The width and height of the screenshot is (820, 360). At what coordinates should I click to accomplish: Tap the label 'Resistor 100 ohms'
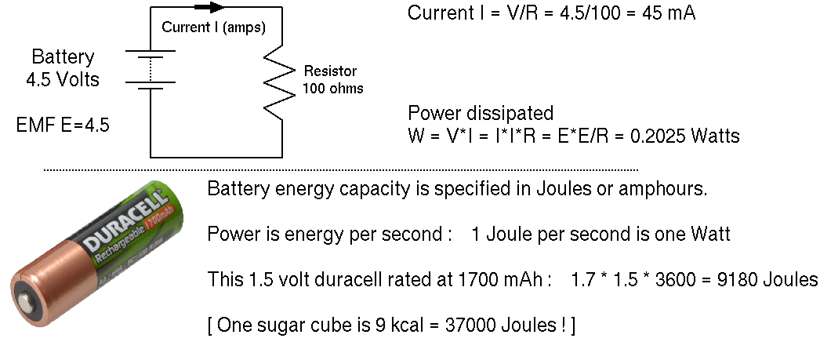[x=333, y=80]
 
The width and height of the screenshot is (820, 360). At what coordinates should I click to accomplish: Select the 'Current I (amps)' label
[x=213, y=27]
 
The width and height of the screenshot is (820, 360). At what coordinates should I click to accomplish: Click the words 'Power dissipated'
[x=481, y=112]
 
